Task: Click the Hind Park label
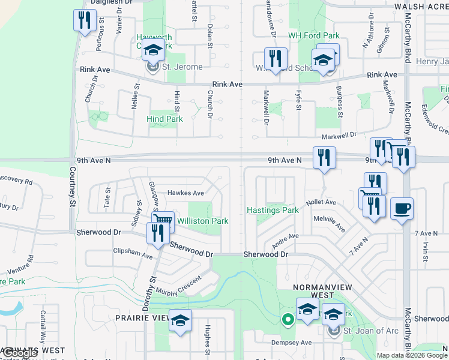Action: click(164, 119)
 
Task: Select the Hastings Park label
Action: click(273, 210)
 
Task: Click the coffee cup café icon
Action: click(402, 209)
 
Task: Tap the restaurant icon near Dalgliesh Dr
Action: click(84, 20)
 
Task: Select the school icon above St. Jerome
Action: click(153, 50)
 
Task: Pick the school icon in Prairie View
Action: click(179, 320)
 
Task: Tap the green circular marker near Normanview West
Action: click(288, 320)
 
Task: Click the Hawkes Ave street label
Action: click(185, 193)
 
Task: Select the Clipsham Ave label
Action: click(133, 254)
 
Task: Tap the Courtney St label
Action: click(73, 186)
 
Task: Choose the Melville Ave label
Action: click(329, 224)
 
